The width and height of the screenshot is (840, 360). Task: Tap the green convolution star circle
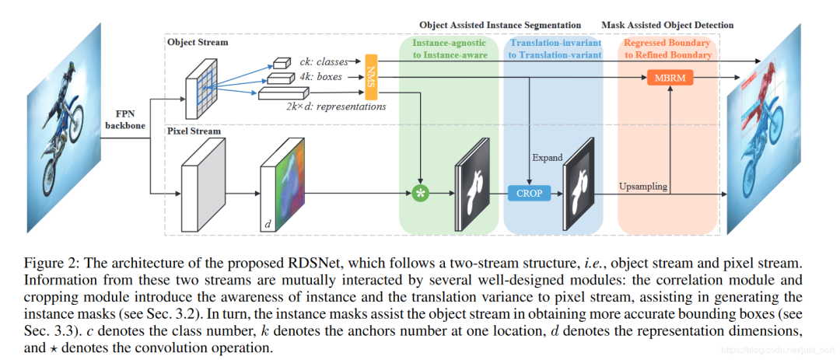[x=422, y=192]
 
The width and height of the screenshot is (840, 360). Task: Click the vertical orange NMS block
[x=371, y=77]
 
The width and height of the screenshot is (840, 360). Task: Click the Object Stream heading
[x=198, y=42]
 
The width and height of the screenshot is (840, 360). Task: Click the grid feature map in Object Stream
[x=201, y=93]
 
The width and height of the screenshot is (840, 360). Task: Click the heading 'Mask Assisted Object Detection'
[x=667, y=26]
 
